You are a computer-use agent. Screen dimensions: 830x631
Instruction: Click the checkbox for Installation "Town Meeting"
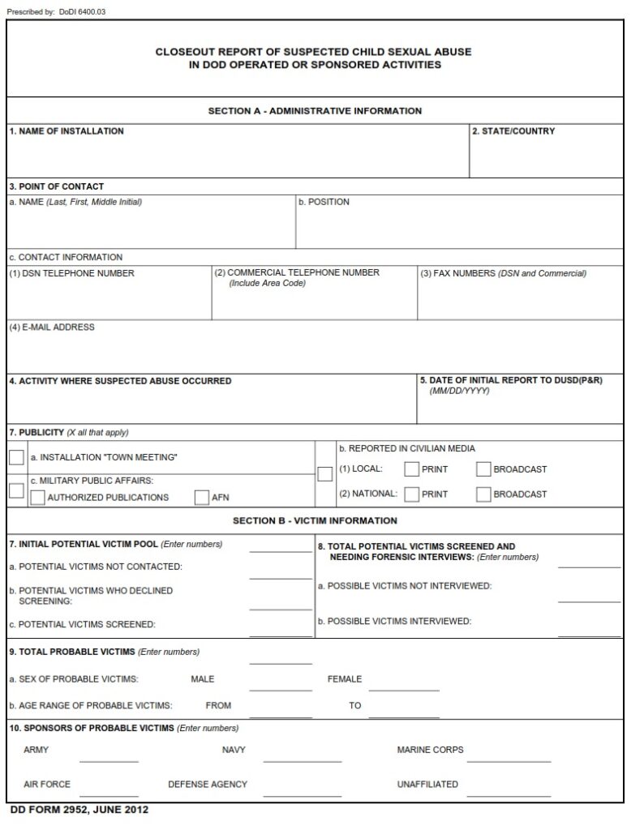click(x=16, y=457)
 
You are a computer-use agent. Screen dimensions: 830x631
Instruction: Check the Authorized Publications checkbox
click(x=37, y=498)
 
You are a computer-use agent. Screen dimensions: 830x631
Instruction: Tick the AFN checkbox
click(x=202, y=498)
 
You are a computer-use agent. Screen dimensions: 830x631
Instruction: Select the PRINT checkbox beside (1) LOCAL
click(x=412, y=468)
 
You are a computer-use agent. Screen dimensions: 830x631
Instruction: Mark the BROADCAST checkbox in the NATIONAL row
click(x=483, y=494)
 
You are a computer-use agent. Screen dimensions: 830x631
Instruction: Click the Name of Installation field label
click(x=67, y=131)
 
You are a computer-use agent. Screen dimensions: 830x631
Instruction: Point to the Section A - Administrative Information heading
click(x=315, y=111)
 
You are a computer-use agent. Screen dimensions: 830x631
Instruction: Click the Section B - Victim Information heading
click(x=315, y=520)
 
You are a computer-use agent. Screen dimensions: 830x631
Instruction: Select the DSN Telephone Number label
click(x=71, y=273)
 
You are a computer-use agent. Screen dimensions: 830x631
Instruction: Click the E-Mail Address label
click(x=52, y=327)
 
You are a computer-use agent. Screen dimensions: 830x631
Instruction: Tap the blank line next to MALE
click(x=281, y=685)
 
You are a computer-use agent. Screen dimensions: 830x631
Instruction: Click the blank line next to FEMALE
click(x=404, y=685)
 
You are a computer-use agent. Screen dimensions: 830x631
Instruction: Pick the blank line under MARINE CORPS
click(x=509, y=758)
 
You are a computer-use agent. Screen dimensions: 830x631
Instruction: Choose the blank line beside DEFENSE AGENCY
click(x=302, y=792)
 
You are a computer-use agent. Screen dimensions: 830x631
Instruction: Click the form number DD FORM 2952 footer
click(x=79, y=810)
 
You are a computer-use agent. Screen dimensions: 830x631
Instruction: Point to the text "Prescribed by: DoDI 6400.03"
click(x=56, y=12)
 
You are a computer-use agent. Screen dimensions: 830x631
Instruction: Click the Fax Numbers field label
click(x=503, y=273)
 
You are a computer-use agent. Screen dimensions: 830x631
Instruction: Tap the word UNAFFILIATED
click(x=427, y=784)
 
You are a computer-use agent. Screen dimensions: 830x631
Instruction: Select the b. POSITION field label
click(x=324, y=202)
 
